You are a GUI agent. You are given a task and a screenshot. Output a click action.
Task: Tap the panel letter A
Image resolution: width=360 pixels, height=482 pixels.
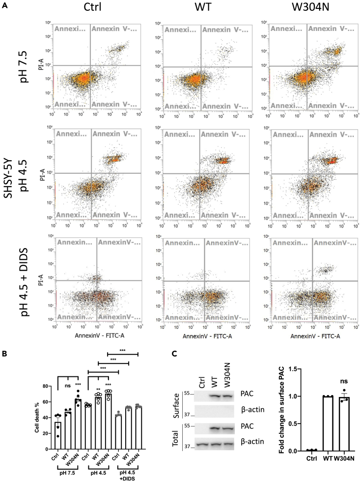click(x=4, y=5)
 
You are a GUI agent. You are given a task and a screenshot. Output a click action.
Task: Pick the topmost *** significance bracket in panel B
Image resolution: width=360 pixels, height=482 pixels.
click(x=123, y=353)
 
